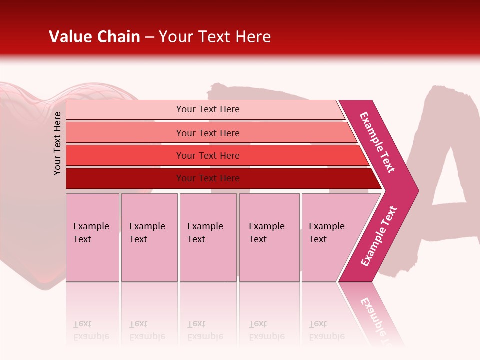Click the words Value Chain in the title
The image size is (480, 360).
pos(94,37)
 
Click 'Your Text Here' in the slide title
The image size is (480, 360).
pos(215,37)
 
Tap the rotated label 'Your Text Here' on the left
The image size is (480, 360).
pos(57,143)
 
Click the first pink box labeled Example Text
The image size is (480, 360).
pos(92,237)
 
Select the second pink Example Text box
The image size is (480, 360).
pos(149,237)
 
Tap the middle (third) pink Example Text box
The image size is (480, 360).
pos(208,237)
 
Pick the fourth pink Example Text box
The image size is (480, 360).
pos(269,237)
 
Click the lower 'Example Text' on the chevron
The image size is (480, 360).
pos(379,236)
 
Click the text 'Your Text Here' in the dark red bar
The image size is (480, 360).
pos(208,178)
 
